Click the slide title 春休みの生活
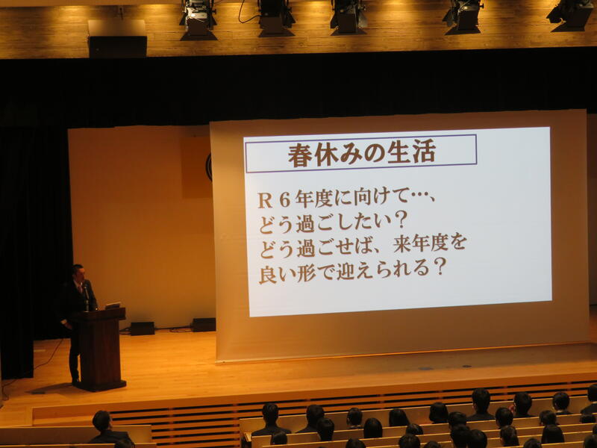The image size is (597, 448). pos(361,154)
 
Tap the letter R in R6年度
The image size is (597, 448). pos(265,201)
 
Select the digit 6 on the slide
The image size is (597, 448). pos(284,201)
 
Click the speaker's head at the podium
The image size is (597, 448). pos(78,273)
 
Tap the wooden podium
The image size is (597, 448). pos(101,349)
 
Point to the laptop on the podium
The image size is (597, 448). pos(113,305)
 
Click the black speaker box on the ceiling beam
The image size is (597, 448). pos(117,47)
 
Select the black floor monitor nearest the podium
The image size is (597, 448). pos(143,329)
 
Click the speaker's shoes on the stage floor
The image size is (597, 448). pos(76,382)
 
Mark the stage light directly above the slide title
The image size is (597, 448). pos(348,17)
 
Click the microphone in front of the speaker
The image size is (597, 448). pos(87,293)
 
